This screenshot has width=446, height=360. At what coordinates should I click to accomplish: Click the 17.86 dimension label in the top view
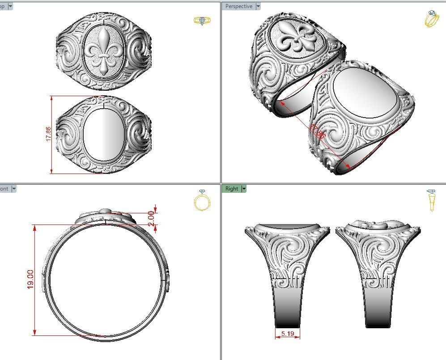click(48, 134)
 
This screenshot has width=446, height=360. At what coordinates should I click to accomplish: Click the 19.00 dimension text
click(30, 280)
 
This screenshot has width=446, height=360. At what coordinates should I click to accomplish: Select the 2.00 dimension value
click(151, 218)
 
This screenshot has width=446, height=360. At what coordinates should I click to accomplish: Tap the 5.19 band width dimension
click(287, 334)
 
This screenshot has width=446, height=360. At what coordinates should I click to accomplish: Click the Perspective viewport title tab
click(238, 6)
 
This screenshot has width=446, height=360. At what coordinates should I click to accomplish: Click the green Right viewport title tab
click(232, 189)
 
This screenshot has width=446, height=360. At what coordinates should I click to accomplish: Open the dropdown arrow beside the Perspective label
click(258, 6)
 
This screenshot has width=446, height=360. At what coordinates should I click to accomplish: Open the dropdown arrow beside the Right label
click(244, 189)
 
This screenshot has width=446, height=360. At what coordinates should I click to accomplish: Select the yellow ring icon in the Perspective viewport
click(431, 19)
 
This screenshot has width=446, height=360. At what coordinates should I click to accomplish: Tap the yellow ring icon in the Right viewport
click(431, 200)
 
